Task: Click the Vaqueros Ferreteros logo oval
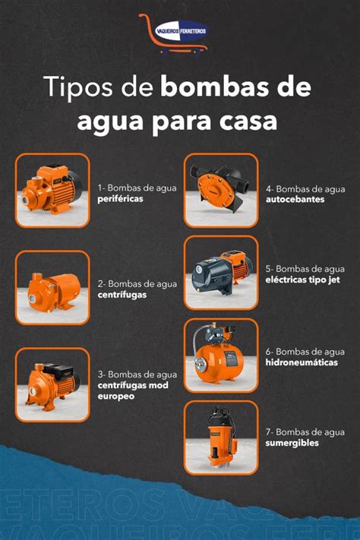[x=181, y=31]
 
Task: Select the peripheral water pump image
[x=52, y=191]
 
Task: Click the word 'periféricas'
[x=120, y=199]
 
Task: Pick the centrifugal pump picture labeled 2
[x=52, y=288]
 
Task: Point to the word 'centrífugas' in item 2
[x=122, y=295]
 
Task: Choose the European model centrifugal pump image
[x=52, y=384]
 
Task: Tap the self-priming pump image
[x=221, y=191]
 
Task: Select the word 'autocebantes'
[x=295, y=200]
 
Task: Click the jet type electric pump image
[x=221, y=273]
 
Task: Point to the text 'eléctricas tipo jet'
[x=302, y=280]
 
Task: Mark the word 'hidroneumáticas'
[x=302, y=362]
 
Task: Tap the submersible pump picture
[x=221, y=437]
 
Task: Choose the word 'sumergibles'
[x=292, y=444]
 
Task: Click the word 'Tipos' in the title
[x=79, y=87]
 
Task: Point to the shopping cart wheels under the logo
[x=182, y=52]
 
